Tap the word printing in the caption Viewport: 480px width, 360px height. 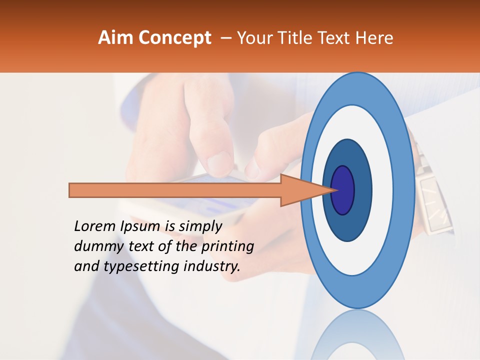(x=228, y=246)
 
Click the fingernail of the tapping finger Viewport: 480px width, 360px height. (x=220, y=162)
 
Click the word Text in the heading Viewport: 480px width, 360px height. (x=336, y=37)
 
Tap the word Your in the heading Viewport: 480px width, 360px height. (x=253, y=37)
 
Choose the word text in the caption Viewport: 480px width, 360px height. (x=142, y=246)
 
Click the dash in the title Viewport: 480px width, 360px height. (x=225, y=37)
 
